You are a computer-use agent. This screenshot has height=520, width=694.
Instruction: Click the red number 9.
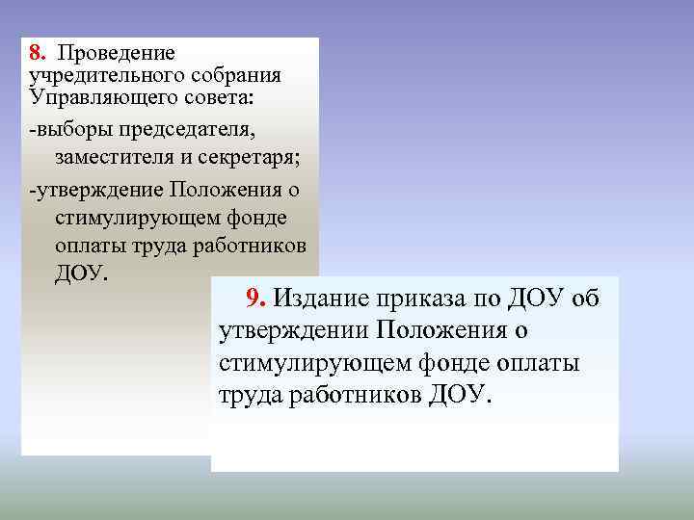[254, 299]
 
